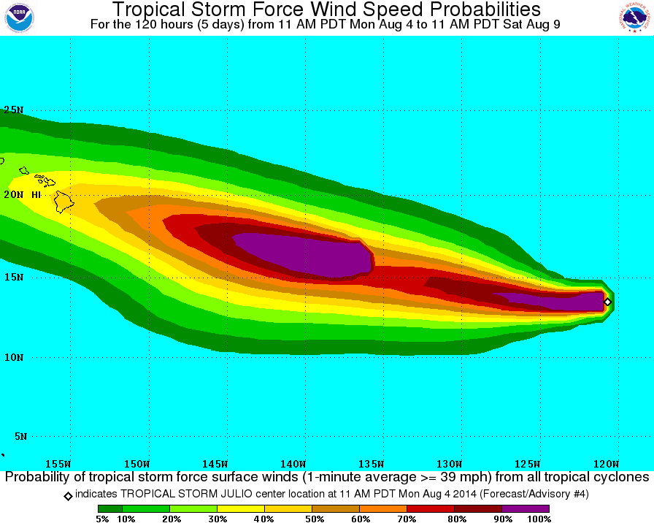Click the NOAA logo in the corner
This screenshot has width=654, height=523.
coord(19,18)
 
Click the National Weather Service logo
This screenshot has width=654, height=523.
coord(635,18)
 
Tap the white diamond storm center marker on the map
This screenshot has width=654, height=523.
coord(607,301)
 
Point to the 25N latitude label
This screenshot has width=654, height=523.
coord(13,110)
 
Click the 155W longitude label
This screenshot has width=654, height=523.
coord(58,464)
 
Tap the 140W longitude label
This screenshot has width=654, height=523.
coord(293,464)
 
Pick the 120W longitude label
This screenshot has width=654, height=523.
coord(606,464)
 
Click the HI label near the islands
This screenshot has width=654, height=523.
coord(35,195)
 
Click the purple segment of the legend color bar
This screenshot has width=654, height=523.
coord(526,508)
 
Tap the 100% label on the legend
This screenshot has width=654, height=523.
coord(539,519)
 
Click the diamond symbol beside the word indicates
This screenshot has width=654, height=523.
coord(68,495)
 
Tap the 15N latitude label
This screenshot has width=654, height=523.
coord(13,278)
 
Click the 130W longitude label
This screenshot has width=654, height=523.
coord(450,464)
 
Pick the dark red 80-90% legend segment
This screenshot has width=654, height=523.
coord(478,508)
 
